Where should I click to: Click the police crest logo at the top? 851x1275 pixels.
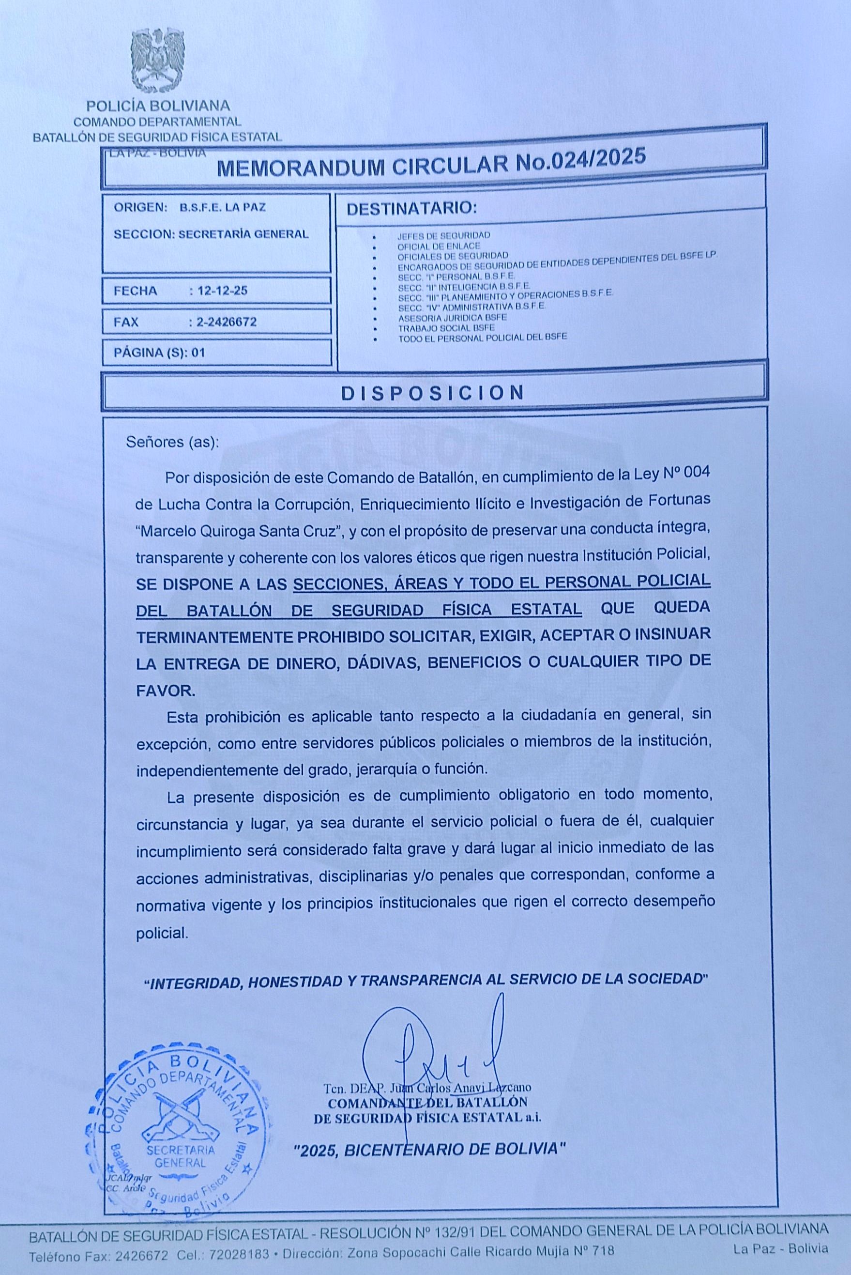[158, 61]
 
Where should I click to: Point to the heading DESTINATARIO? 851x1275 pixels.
[411, 208]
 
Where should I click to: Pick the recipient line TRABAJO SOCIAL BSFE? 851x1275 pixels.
[446, 327]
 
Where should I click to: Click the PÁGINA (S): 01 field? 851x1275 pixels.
[160, 353]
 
